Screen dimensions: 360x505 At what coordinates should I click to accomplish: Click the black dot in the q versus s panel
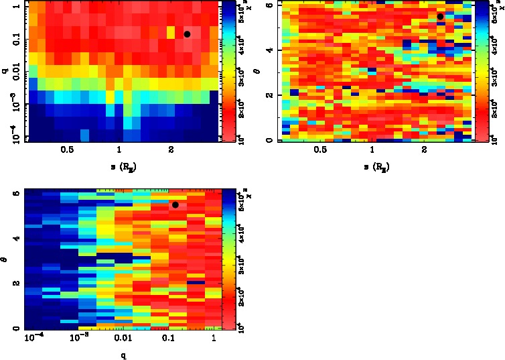[188, 34]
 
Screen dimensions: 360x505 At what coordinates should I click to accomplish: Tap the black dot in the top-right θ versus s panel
[440, 17]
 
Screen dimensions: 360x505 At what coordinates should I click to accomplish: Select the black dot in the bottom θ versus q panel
[175, 204]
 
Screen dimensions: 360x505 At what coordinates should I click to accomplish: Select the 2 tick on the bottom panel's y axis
[16, 284]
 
